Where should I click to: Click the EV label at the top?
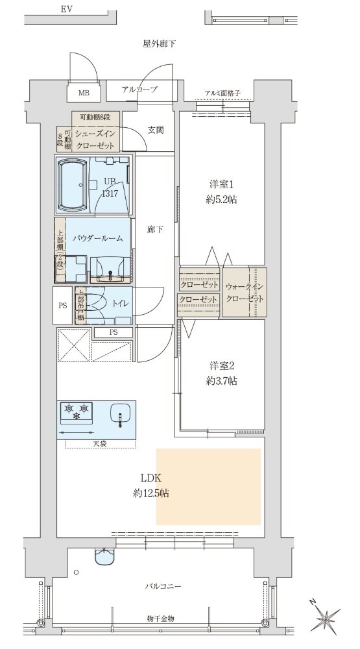[66, 8]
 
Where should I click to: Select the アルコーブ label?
[139, 90]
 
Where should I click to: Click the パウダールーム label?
[98, 238]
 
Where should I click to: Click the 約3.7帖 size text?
[221, 381]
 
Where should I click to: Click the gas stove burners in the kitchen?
[77, 411]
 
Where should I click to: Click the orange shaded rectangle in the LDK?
[208, 487]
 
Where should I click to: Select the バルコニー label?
[163, 587]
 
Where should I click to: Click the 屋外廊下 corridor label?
[160, 44]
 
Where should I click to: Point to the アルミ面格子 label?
[222, 93]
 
